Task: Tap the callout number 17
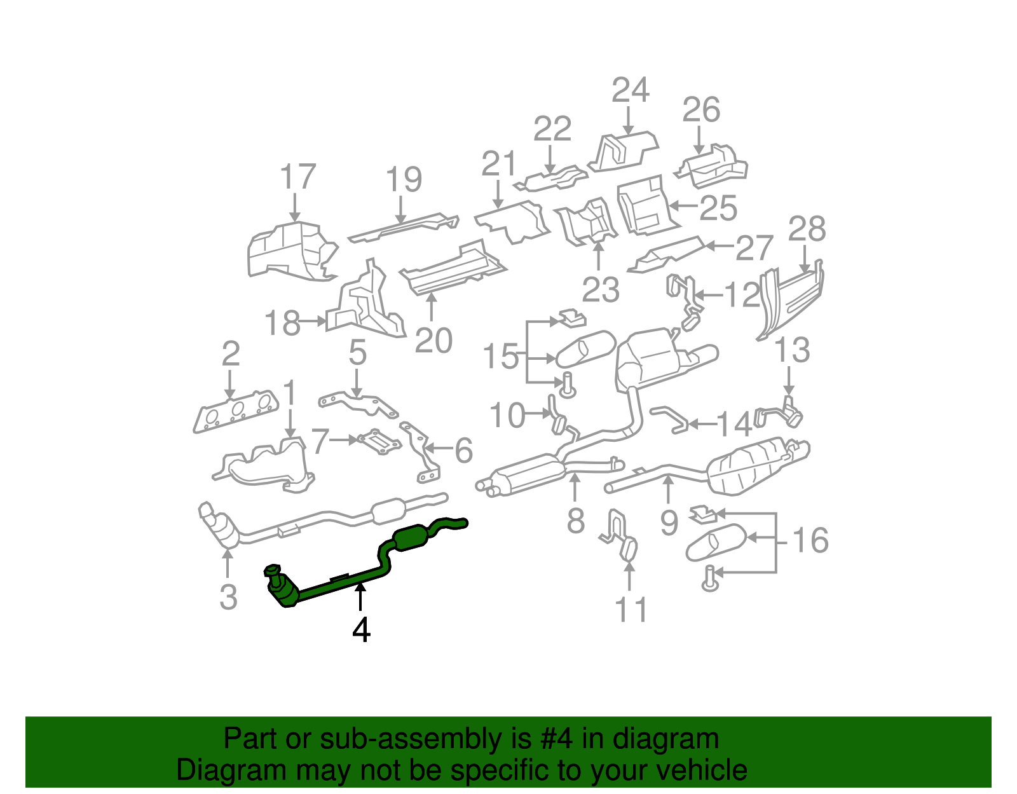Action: (x=297, y=177)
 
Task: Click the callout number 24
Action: (x=630, y=90)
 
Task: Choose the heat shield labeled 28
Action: (x=791, y=299)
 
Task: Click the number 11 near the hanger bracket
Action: (x=631, y=610)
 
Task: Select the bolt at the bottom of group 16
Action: (x=710, y=578)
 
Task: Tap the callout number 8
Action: (x=575, y=521)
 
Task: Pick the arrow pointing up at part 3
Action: (x=228, y=563)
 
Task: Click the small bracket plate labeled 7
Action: (x=380, y=441)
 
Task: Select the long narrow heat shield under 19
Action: (x=404, y=227)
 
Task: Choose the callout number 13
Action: (x=792, y=350)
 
